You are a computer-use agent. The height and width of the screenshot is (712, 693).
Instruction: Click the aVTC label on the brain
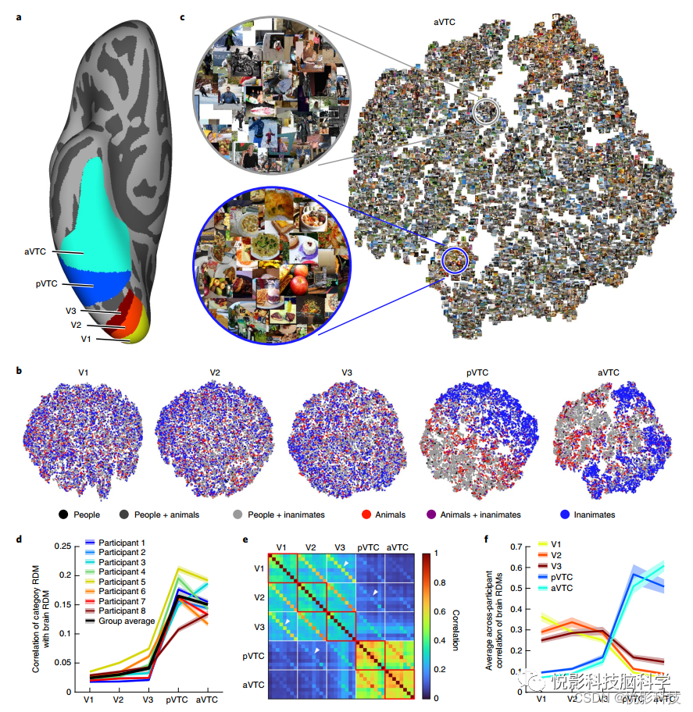tap(36, 251)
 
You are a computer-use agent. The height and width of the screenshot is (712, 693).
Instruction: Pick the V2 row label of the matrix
tap(259, 597)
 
